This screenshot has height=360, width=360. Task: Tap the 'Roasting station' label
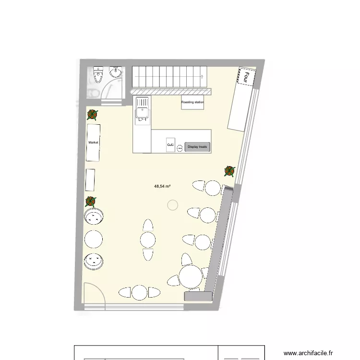(x=192, y=102)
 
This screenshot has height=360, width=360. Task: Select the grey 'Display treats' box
(x=198, y=147)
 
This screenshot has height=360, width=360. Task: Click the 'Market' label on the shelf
(x=93, y=143)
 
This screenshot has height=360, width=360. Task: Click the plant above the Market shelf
(x=92, y=114)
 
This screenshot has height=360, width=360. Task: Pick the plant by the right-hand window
(x=230, y=170)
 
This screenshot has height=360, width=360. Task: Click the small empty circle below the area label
(x=172, y=205)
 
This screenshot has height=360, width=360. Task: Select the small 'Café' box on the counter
(x=170, y=144)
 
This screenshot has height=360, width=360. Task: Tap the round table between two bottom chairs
(x=139, y=292)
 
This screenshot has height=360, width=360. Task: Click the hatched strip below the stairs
(x=171, y=91)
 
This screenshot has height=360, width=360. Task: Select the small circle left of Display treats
(x=179, y=148)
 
